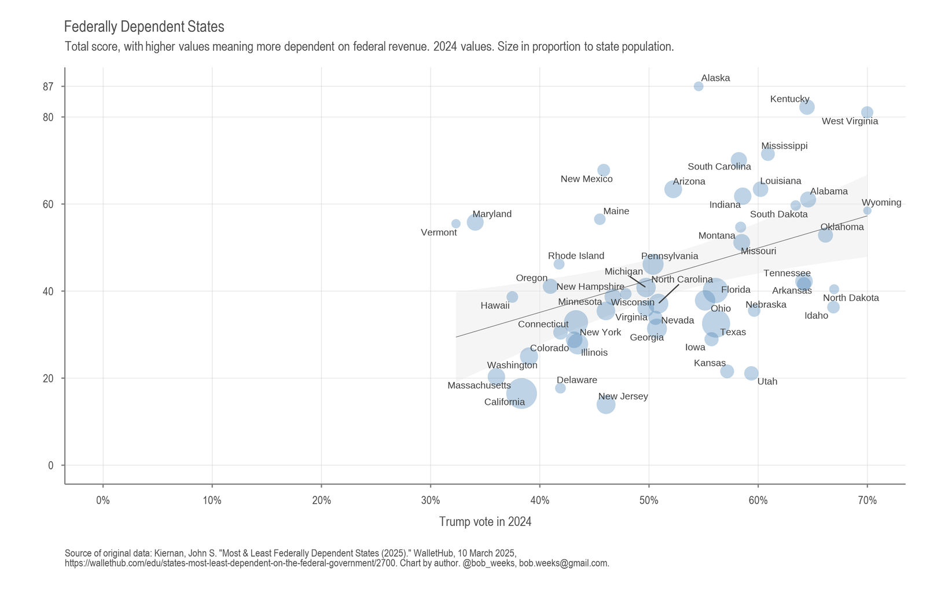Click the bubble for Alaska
point(699,86)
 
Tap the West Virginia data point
point(867,112)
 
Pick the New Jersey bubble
point(606,404)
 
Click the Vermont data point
point(456,223)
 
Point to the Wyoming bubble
point(867,210)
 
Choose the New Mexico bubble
point(604,170)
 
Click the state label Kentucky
point(789,99)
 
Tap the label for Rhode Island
point(576,256)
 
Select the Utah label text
point(767,382)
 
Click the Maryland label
point(492,214)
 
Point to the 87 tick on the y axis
point(48,87)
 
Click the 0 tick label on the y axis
point(51,465)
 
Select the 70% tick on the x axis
point(867,500)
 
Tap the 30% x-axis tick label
point(431,500)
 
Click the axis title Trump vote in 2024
point(485,522)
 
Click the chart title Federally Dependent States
point(144,27)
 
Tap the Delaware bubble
point(560,388)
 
